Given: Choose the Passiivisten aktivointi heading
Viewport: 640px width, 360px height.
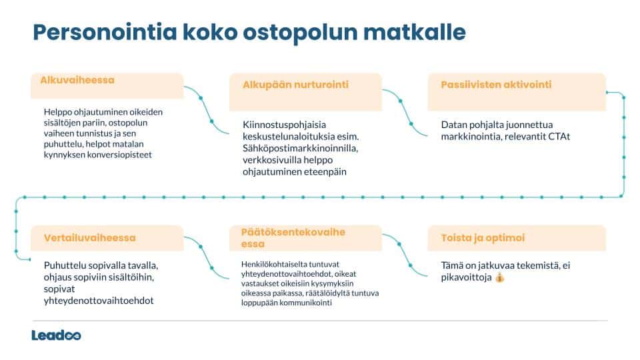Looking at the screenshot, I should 496,85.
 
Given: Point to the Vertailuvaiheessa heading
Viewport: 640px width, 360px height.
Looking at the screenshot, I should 90,238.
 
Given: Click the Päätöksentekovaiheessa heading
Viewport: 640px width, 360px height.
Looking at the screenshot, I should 293,238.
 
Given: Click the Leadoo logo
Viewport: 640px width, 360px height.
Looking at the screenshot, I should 56,335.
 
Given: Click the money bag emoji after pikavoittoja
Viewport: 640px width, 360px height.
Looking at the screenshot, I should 501,277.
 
